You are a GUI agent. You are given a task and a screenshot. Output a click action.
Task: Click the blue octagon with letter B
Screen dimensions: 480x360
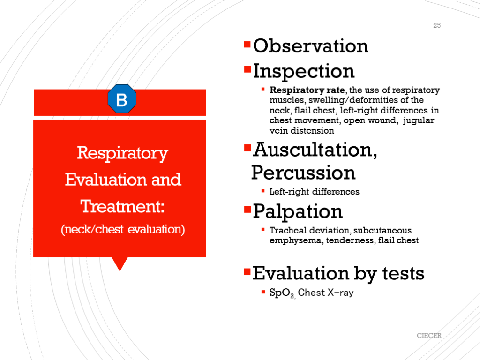click(122, 98)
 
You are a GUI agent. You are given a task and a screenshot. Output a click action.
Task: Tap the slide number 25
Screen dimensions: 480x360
click(437, 25)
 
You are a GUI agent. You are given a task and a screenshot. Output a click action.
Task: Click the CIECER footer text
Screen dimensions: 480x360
click(429, 336)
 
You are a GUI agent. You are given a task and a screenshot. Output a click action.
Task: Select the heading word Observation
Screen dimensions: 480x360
click(310, 46)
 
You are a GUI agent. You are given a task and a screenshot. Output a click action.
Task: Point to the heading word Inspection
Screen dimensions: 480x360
click(304, 71)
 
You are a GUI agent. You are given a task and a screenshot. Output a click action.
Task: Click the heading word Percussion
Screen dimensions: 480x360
click(303, 172)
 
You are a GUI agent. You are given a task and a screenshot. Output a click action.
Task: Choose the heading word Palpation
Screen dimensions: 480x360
click(298, 211)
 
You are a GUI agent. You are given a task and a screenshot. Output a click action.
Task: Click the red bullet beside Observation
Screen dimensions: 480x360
click(247, 45)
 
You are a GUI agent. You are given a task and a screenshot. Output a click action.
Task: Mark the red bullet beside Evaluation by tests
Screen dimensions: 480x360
click(247, 271)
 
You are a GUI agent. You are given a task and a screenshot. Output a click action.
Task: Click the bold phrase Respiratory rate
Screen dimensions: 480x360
click(307, 90)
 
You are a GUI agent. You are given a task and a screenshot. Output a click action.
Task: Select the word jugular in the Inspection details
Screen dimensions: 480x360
click(419, 120)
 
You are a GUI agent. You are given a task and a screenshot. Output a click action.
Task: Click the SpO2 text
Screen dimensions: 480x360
click(282, 293)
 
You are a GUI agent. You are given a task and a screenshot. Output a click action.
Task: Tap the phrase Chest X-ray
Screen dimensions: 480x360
click(326, 292)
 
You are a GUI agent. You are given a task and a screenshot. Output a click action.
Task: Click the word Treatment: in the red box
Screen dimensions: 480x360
click(122, 206)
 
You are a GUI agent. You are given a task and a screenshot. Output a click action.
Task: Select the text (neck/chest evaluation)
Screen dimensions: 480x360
click(123, 229)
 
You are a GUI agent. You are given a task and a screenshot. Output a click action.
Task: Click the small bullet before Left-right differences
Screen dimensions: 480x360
click(263, 191)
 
